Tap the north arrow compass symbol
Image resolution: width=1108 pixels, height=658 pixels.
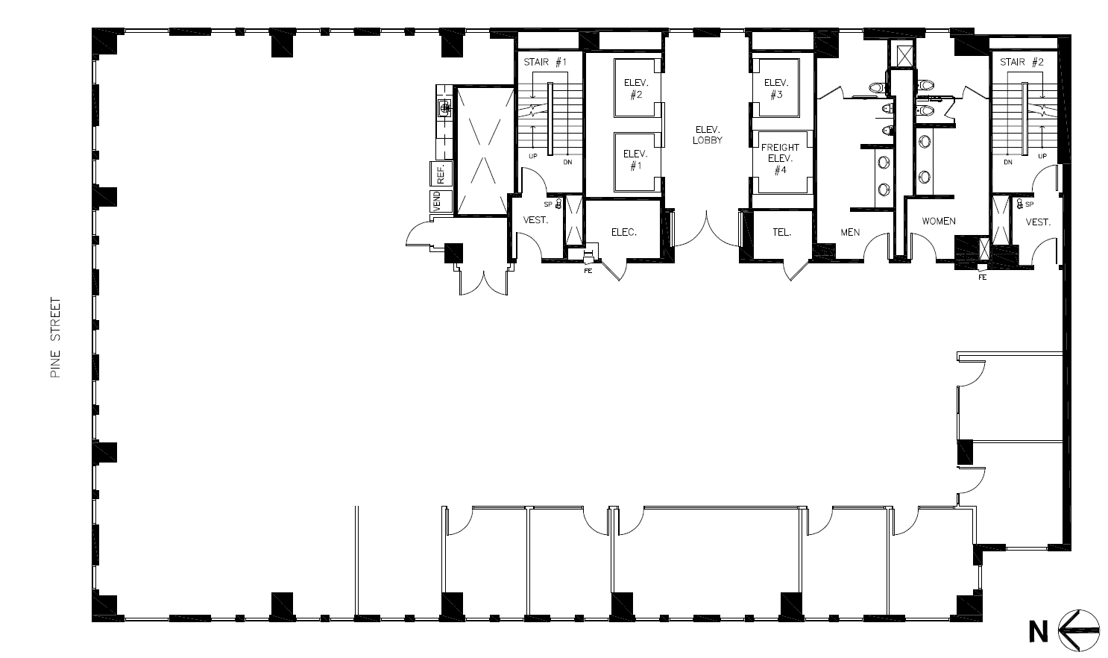coord(1078,630)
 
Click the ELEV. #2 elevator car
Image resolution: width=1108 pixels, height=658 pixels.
coord(635,88)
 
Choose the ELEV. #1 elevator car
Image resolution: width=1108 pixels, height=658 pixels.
coord(635,160)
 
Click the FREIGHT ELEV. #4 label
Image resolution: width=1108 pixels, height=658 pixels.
coord(780,159)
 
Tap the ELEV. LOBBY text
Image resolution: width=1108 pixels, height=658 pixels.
coord(707,135)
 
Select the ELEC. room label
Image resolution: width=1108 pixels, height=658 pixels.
coord(623,232)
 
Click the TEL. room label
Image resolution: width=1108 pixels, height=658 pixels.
coord(781,232)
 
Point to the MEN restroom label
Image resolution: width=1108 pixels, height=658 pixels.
coord(850,232)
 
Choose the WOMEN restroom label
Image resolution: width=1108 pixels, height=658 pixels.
coord(939,222)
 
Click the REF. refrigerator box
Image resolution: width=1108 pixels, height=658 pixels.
coord(441,174)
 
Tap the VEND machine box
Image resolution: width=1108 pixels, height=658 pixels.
coord(437,201)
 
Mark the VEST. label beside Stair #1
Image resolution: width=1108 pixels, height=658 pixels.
coord(535,220)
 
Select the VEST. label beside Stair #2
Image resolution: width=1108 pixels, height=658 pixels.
coord(1038,222)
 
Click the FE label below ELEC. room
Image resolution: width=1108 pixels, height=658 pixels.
coord(588,271)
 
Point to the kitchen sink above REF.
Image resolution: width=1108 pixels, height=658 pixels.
coord(445,108)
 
